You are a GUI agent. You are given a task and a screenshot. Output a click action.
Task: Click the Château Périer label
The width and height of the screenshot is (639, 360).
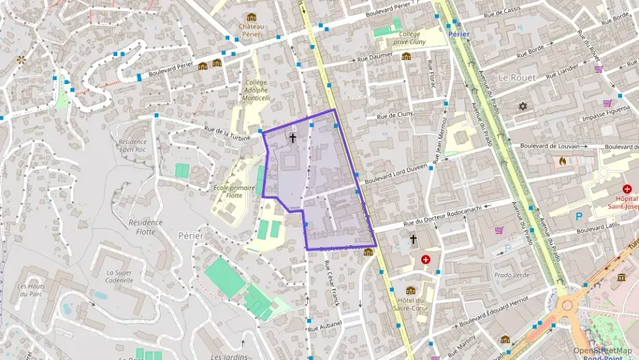pos(251,30)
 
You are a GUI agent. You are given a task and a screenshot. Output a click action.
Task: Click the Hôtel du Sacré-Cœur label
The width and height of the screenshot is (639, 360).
pos(410,304)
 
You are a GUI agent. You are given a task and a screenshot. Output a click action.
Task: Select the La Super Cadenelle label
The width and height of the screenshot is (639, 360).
pos(119,277)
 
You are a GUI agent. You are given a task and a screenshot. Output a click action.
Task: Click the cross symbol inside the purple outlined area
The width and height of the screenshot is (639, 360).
pos(293,137)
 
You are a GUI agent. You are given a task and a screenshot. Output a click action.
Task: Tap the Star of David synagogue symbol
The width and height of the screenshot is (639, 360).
pos(524,107)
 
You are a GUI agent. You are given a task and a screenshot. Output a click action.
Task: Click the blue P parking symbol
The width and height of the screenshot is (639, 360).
pos(579,217)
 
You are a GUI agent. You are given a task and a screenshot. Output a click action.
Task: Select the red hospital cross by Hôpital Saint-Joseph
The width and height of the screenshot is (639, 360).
pos(627,189)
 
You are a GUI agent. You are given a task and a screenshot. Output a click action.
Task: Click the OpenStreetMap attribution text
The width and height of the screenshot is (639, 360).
pos(603,350)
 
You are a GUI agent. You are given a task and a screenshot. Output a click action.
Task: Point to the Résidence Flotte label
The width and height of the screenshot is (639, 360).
pos(145,227)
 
